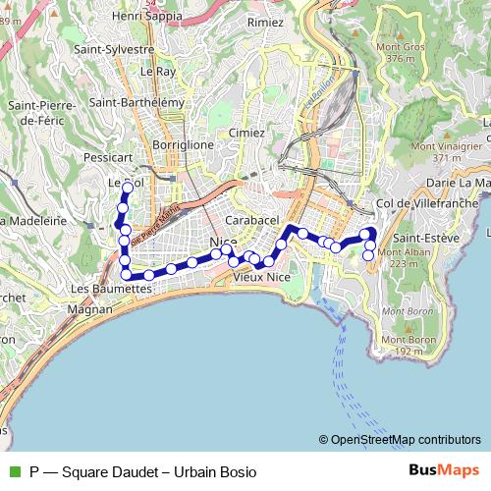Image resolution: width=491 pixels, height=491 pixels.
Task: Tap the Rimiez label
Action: tap(265, 22)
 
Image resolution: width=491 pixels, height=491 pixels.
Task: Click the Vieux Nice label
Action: tap(261, 278)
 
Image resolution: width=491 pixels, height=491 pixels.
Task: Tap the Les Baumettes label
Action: tap(110, 290)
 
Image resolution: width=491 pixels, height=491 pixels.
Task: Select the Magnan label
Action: tap(90, 309)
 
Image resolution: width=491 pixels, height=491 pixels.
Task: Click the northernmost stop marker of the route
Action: tap(127, 188)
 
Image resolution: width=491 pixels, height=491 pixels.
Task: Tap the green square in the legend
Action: tap(15, 472)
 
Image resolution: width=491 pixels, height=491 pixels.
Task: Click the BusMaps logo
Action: tap(445, 471)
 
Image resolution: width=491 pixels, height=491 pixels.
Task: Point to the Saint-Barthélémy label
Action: tap(136, 102)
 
